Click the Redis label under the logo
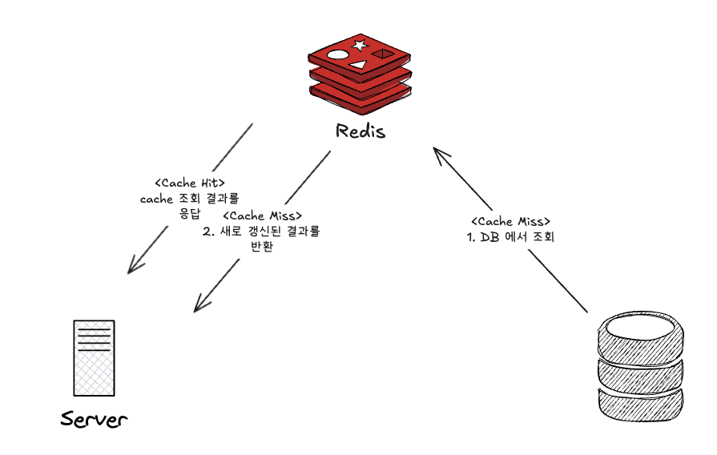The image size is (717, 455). [x=361, y=131]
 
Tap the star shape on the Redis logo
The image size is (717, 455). [x=359, y=46]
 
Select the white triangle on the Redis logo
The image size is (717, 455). [x=358, y=63]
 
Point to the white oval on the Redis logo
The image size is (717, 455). [x=337, y=57]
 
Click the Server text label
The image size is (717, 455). [x=94, y=419]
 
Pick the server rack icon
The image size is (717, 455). [x=93, y=357]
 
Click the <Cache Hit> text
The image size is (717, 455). [x=189, y=183]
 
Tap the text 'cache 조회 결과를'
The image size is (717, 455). [x=190, y=198]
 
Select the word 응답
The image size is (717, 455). [x=189, y=213]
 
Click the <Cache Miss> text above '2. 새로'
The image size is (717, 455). [x=262, y=216]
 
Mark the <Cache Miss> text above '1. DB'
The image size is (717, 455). [x=510, y=221]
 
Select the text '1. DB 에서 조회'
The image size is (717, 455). [x=510, y=237]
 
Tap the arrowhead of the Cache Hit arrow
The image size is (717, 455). [x=133, y=268]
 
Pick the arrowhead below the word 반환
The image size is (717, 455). [x=199, y=305]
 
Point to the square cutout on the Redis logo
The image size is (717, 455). [x=384, y=54]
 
